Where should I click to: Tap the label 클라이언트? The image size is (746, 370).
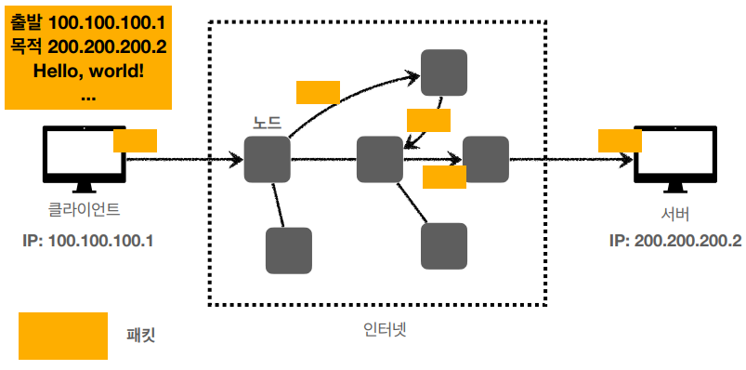[x=85, y=209]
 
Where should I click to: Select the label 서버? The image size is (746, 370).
[x=675, y=215]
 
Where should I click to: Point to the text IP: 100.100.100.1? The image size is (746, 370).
[x=87, y=241]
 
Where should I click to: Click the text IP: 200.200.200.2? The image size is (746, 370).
[x=675, y=241]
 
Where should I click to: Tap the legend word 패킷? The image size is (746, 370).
[x=141, y=337]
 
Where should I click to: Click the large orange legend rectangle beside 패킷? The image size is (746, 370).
[x=63, y=336]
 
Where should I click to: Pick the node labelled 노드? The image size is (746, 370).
[x=267, y=160]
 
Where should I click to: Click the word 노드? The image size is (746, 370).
[x=267, y=123]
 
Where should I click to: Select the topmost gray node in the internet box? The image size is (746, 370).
[x=444, y=73]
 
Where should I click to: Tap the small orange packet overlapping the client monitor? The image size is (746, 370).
[x=135, y=140]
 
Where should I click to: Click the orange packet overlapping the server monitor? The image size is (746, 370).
[x=620, y=140]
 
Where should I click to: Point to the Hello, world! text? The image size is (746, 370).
[x=88, y=72]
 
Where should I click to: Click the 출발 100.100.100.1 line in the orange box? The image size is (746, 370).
[x=88, y=23]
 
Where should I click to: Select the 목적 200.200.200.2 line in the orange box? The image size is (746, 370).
[x=88, y=47]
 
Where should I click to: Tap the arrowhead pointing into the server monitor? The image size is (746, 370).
[x=626, y=160]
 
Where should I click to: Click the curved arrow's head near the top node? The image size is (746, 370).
[x=412, y=75]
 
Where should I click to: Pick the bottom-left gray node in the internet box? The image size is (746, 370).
[x=289, y=250]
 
